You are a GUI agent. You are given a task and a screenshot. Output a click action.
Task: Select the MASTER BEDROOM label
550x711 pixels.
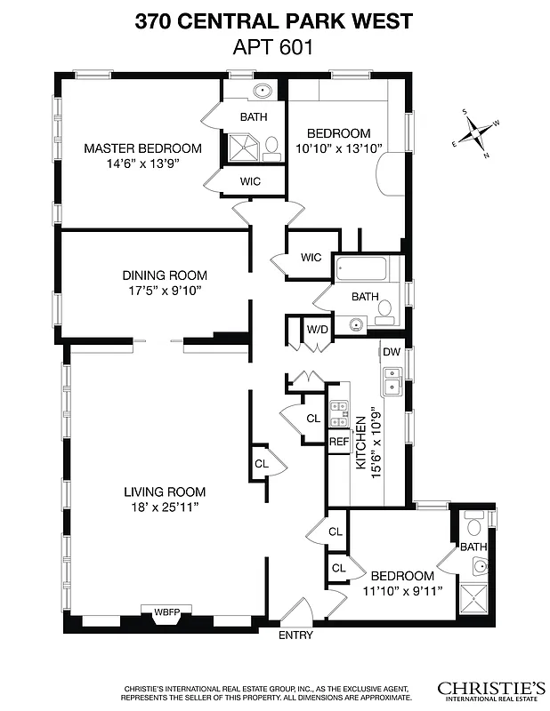[142, 148]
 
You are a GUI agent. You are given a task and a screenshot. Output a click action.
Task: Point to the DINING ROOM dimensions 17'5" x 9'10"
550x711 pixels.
[165, 290]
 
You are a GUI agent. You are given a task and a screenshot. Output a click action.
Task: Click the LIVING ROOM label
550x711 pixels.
[165, 491]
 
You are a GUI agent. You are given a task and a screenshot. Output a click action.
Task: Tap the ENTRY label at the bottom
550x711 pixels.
[295, 635]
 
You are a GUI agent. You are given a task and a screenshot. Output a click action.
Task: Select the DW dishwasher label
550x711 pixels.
[392, 352]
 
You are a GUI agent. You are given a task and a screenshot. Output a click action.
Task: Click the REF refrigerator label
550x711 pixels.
[339, 442]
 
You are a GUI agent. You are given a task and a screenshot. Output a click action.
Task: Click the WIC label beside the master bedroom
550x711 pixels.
[250, 181]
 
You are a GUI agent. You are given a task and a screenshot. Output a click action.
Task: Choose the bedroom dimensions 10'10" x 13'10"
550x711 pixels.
[338, 148]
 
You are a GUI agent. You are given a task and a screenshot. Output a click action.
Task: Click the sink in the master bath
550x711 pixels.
[264, 92]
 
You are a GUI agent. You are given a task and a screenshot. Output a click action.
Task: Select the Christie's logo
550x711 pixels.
[490, 690]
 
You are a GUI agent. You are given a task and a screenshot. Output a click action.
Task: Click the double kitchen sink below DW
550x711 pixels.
[392, 381]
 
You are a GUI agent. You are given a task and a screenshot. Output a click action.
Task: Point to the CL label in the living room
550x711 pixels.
[262, 463]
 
